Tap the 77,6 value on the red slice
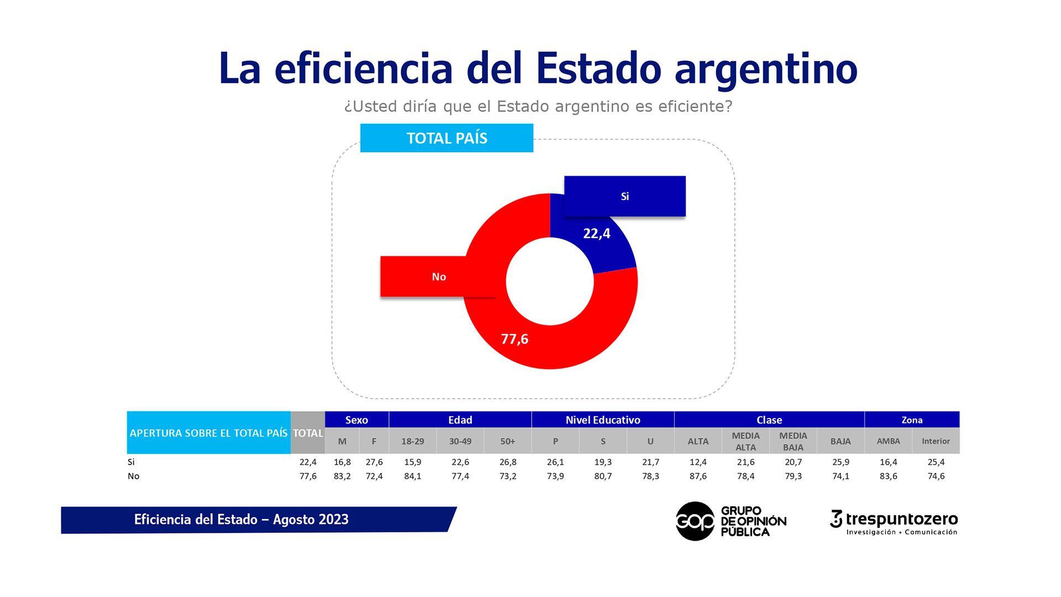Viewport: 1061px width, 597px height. coord(514,339)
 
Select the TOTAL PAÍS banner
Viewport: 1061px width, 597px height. coord(447,138)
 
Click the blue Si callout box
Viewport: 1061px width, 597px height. coord(624,196)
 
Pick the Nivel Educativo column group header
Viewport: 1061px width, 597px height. coord(602,420)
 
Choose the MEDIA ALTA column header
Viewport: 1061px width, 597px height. coord(745,441)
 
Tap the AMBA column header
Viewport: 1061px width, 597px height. coord(888,441)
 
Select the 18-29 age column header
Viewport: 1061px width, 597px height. coord(412,441)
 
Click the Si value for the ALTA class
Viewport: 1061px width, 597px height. coord(698,462)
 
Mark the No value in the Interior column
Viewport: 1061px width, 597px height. coord(936,476)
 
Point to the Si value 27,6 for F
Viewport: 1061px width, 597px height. coord(374,462)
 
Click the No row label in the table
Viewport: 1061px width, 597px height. coord(133,476)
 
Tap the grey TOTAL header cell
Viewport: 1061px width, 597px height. coord(308,433)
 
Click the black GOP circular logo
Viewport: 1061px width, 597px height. coord(695,521)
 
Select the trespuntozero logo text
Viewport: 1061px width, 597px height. coord(901,520)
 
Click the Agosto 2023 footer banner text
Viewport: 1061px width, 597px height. coord(241,520)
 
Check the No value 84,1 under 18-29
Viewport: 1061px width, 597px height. coord(412,476)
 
